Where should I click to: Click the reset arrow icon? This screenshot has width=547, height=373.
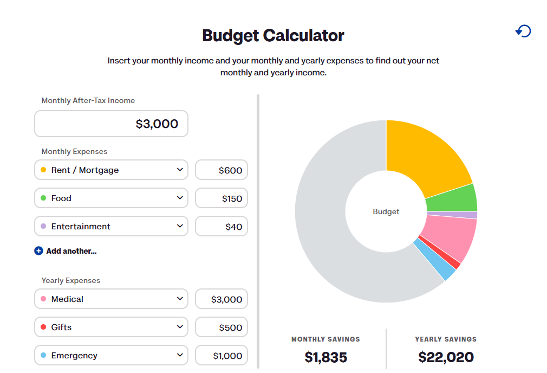(x=523, y=31)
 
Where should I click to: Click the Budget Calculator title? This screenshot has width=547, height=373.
(x=273, y=36)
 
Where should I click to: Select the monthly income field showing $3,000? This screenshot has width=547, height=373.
(x=111, y=124)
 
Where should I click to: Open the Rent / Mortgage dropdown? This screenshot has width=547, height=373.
(x=111, y=170)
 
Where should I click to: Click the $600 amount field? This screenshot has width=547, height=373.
(x=221, y=170)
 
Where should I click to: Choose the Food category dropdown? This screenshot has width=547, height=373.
(x=111, y=198)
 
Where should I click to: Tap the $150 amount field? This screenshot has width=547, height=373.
(x=221, y=198)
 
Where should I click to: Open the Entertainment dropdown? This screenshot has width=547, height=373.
(x=111, y=226)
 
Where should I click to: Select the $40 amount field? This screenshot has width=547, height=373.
(x=221, y=226)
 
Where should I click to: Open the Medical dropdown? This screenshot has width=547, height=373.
(x=111, y=299)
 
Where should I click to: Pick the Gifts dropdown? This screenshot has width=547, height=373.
(x=111, y=327)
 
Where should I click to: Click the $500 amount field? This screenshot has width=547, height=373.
(x=221, y=327)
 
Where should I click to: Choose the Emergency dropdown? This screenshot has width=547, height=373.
(x=111, y=355)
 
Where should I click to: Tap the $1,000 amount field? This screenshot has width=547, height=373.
(x=221, y=355)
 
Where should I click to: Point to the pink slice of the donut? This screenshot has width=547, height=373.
(x=450, y=239)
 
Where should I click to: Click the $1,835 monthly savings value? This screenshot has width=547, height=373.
(x=325, y=357)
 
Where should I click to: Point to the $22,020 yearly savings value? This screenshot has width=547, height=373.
(x=446, y=357)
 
